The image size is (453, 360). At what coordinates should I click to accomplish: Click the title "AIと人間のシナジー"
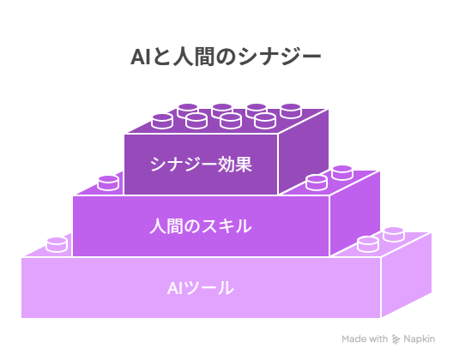coord(226,57)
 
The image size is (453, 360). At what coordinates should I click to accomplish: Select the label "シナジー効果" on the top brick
coord(201,165)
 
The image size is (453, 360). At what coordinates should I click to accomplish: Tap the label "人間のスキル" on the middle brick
coord(201,226)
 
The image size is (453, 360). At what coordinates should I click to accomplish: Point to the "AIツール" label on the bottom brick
coord(201,288)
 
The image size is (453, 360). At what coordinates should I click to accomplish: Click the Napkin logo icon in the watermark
coord(396,339)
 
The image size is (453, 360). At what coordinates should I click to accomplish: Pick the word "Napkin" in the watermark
coord(419,339)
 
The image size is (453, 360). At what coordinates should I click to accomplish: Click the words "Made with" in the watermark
coord(365,339)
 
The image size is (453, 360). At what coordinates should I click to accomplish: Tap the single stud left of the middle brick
coord(108,183)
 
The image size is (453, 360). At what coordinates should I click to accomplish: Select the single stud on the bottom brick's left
coord(57,245)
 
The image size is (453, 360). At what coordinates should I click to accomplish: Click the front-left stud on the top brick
coord(162,121)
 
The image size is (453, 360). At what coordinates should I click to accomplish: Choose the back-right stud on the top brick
coord(291,111)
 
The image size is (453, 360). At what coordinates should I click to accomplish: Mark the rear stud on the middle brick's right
coord(342,172)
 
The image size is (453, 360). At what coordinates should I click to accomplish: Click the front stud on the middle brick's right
coord(317,183)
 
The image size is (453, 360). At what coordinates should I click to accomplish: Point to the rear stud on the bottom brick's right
coord(394,234)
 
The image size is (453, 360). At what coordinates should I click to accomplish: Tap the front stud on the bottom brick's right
coord(368,244)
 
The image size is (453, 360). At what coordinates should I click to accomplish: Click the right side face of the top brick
coord(304,150)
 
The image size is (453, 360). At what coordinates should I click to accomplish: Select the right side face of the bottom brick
coord(407,275)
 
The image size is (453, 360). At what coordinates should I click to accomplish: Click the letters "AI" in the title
coord(140,57)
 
